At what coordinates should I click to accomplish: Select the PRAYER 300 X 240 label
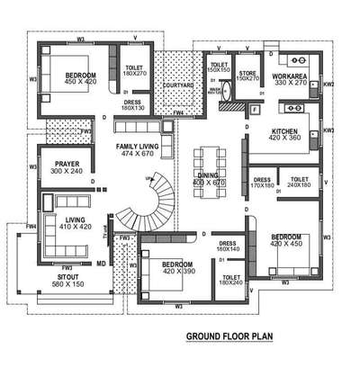pos(66,166)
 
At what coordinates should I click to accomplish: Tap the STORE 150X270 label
pos(247,76)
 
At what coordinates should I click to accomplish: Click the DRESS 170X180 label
pos(262,183)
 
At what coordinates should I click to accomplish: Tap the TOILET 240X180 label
pos(300,183)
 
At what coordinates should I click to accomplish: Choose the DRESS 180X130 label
pos(134,104)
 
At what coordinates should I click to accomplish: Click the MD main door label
pos(101,264)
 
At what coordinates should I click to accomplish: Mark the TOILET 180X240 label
pos(229,281)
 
